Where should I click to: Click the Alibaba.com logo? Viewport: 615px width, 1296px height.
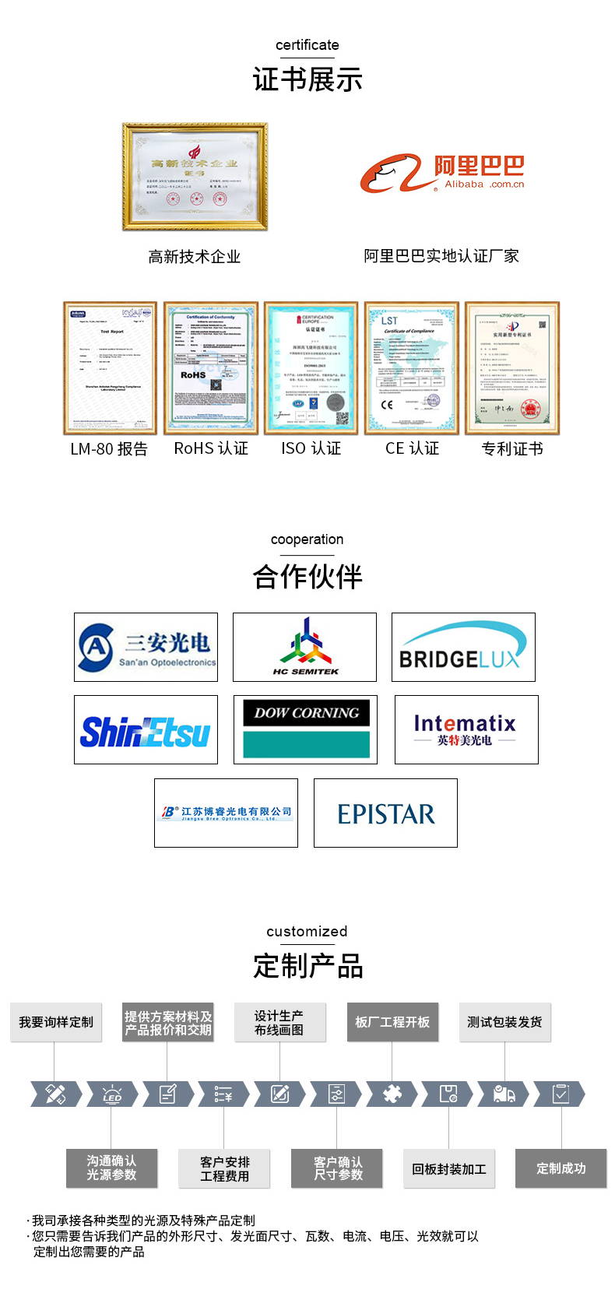441,173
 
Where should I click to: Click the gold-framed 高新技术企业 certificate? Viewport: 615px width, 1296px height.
195,177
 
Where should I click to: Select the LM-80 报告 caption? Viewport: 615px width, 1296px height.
109,449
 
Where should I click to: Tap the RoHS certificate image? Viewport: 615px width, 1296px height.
211,367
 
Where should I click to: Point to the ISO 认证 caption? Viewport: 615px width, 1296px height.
311,449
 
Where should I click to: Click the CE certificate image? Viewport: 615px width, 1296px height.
412,367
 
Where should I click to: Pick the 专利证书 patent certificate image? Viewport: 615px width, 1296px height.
512,367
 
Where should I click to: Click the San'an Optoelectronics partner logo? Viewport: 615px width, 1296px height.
146,647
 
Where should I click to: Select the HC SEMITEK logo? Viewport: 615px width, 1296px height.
304,647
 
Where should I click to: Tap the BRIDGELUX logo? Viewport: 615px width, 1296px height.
463,647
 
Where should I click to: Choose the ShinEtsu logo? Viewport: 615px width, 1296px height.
146,730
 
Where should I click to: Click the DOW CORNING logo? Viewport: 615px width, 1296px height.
305,730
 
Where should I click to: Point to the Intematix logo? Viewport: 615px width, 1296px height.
466,730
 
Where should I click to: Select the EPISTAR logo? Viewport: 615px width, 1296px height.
385,813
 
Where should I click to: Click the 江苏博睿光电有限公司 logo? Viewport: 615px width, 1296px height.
226,813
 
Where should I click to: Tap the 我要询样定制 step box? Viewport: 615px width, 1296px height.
56,1022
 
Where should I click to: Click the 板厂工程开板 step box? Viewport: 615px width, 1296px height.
392,1022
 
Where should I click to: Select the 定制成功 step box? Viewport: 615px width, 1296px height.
561,1168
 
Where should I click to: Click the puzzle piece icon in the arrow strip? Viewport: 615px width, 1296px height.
392,1094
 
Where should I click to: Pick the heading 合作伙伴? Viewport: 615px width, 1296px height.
307,577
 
